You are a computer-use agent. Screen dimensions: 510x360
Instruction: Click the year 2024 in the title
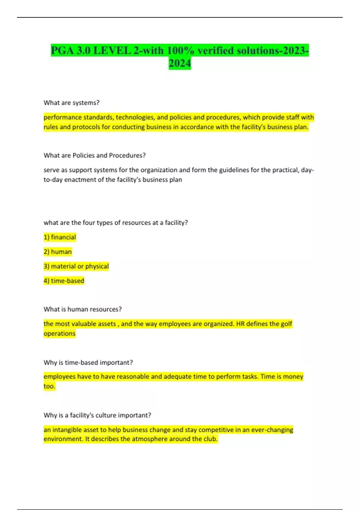180,63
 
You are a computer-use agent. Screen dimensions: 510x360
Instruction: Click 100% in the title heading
180,50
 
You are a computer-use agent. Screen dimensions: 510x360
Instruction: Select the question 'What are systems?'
71,103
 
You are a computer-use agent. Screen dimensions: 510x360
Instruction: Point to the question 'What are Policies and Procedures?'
94,155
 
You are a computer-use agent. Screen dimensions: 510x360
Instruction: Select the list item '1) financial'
60,237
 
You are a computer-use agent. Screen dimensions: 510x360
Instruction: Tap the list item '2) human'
58,251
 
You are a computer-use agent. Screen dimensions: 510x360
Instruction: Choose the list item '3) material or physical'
76,266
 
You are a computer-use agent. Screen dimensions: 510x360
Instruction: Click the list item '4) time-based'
64,280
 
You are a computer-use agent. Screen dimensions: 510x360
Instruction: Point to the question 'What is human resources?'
82,309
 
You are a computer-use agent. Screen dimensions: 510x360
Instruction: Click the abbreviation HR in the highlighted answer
240,324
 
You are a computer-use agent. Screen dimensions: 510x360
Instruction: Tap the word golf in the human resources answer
286,324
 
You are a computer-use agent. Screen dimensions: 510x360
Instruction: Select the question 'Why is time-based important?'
88,362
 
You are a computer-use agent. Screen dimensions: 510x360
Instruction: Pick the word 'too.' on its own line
49,386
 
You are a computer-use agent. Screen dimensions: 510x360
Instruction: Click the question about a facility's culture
97,415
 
